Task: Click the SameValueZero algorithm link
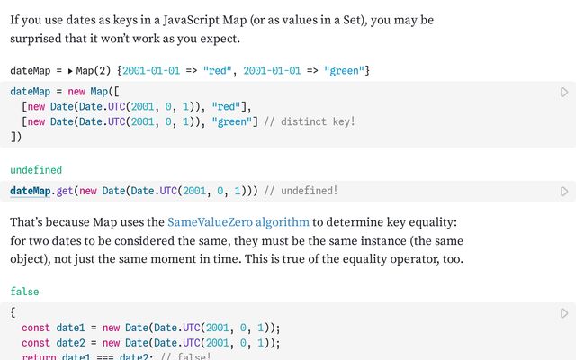(x=238, y=222)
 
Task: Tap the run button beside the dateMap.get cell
(x=564, y=192)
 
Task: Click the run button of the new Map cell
(x=564, y=92)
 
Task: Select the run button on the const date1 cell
(x=564, y=313)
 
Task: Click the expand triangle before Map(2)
(x=70, y=71)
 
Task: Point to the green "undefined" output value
(x=36, y=170)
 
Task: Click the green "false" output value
(x=24, y=292)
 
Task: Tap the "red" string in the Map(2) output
(x=218, y=70)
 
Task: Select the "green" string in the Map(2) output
(x=344, y=70)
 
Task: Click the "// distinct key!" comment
(x=310, y=121)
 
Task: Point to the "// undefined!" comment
(x=301, y=191)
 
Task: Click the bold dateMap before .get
(x=30, y=191)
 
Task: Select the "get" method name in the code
(x=65, y=192)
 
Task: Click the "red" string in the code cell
(x=226, y=106)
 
